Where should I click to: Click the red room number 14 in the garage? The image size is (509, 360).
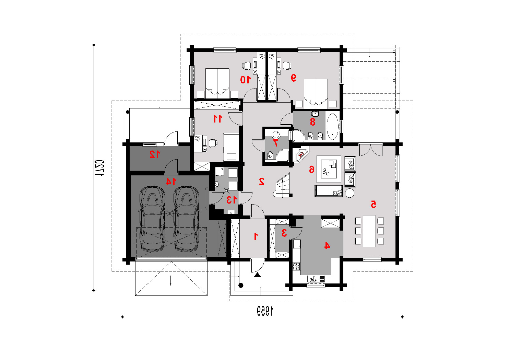pos(171,182)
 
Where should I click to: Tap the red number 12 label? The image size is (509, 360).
pos(155,154)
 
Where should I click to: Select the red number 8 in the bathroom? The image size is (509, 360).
pos(313,122)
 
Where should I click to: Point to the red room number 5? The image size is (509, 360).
pos(374,204)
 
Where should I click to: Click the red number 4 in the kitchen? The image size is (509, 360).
pos(327,245)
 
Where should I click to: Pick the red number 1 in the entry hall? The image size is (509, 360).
pos(256,236)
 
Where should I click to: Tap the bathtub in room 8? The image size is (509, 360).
pos(332,126)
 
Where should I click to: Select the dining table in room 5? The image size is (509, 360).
pos(369,231)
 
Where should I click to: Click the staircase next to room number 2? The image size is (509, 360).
pos(283,186)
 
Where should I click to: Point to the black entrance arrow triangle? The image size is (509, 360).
pos(257,275)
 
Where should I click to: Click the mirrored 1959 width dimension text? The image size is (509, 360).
pos(265,311)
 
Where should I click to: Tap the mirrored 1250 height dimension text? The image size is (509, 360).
pos(99,168)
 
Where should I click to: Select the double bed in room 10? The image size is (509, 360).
pos(217,83)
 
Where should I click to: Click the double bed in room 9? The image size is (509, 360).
pos(316,94)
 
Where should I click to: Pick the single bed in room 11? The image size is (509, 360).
pos(231,147)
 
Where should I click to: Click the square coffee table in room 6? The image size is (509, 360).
pos(329,169)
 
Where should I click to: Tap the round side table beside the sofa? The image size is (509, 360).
pos(350,193)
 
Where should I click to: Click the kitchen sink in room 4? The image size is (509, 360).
pos(316,279)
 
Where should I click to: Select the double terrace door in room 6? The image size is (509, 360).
pos(371,150)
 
